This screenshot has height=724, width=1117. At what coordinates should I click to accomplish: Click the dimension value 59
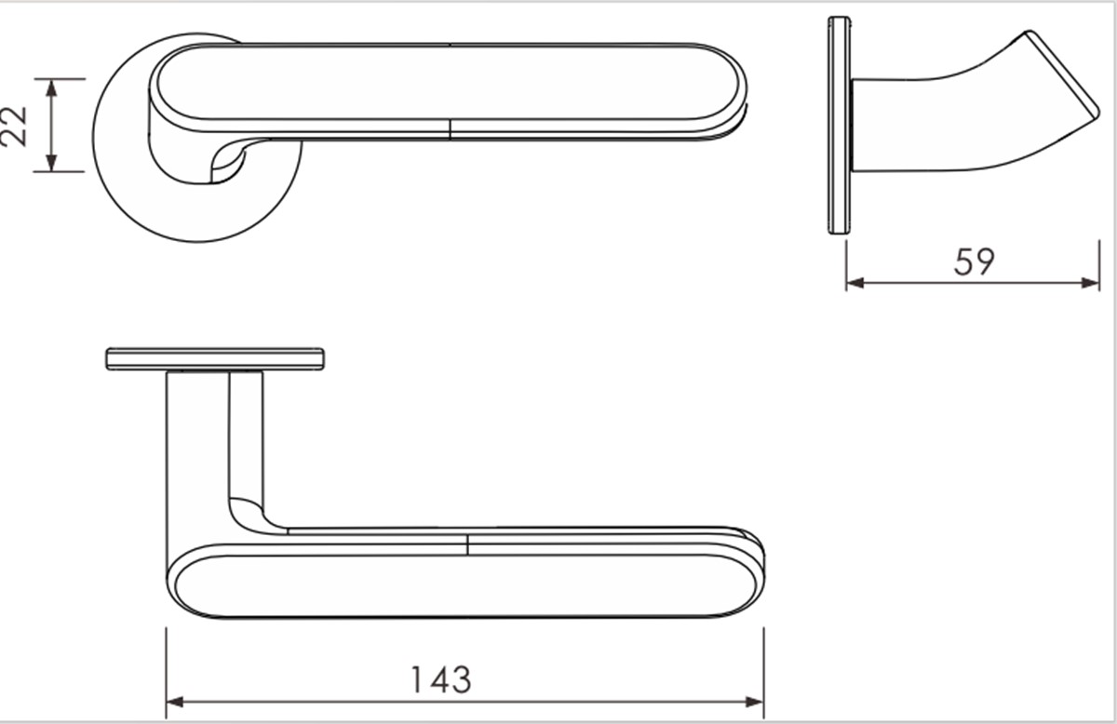pyautogui.click(x=974, y=261)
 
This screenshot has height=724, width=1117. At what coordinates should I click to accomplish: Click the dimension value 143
pyautogui.click(x=440, y=680)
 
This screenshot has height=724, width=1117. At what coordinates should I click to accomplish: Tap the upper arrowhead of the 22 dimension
pyautogui.click(x=52, y=87)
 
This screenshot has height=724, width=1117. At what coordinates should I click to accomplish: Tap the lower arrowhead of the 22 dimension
pyautogui.click(x=52, y=164)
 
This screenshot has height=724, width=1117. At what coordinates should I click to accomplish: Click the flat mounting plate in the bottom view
pyautogui.click(x=215, y=359)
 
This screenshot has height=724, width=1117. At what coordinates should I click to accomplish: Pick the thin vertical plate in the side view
pyautogui.click(x=839, y=125)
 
